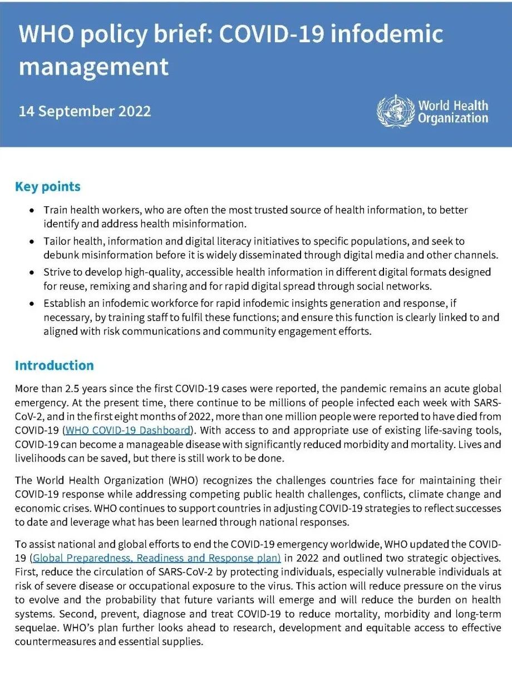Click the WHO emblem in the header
tap(396, 111)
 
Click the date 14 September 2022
tap(85, 111)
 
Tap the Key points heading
tap(48, 187)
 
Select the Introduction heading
tap(55, 366)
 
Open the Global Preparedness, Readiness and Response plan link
tap(156, 558)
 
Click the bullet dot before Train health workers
tap(33, 211)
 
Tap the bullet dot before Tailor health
tap(33, 242)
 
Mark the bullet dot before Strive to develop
tap(33, 273)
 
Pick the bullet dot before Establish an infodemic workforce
tap(33, 304)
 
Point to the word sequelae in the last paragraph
tap(35, 628)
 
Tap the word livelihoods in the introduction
tap(38, 459)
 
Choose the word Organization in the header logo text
tap(453, 118)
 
